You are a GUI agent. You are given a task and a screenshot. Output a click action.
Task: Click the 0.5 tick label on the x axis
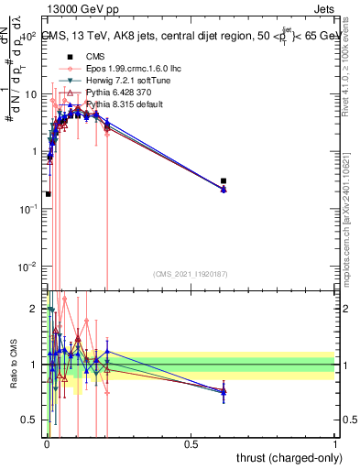191,443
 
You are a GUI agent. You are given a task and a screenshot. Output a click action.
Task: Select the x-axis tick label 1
336,443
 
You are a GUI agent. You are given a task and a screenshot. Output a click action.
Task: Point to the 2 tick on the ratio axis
36,309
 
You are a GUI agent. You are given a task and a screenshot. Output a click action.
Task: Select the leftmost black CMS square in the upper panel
48,194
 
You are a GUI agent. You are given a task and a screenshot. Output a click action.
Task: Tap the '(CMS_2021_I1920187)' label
190,274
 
